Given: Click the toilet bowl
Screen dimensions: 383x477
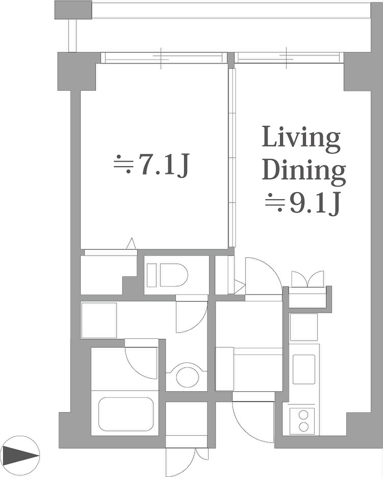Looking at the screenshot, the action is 174,275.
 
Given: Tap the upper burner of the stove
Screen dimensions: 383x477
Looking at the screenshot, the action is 303,415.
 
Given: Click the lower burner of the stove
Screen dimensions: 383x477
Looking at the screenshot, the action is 303,427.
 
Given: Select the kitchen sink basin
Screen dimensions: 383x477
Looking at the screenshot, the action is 304,369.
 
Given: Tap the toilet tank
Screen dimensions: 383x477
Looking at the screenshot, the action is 151,275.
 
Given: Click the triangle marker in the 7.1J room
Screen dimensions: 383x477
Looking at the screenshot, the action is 131,244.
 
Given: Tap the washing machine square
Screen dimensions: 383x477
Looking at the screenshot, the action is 99,320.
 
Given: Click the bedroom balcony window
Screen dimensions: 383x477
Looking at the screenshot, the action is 164,58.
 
